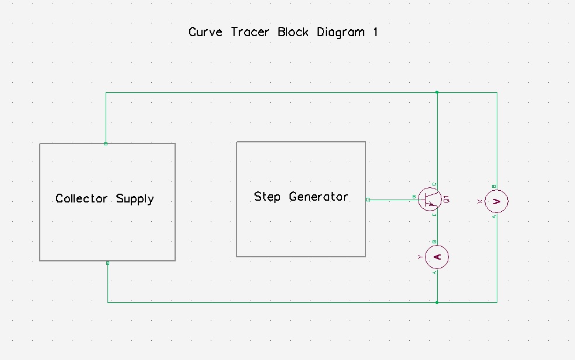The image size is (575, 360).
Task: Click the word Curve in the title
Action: point(205,32)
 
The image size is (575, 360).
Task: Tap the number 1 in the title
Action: point(375,32)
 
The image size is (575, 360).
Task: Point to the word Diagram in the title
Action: point(341,33)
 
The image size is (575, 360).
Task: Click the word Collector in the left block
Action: point(82,198)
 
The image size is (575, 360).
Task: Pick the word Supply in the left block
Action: point(135,199)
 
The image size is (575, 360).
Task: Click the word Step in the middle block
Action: point(267,197)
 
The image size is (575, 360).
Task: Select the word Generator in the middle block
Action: point(319,197)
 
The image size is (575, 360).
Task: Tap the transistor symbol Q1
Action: point(430,200)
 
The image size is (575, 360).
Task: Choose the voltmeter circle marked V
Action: point(497,201)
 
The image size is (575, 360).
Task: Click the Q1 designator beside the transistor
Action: point(447,200)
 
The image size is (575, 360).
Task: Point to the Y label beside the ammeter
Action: point(420,257)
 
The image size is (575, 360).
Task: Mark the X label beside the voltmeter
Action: point(480,201)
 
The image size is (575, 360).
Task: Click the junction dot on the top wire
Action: point(437,92)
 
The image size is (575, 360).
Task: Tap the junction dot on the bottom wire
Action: point(437,302)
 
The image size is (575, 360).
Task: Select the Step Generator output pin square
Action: point(368,200)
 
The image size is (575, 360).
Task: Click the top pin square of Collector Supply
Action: point(106,144)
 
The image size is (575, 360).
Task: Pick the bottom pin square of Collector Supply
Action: point(107,263)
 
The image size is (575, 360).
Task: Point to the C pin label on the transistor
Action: point(435,184)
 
